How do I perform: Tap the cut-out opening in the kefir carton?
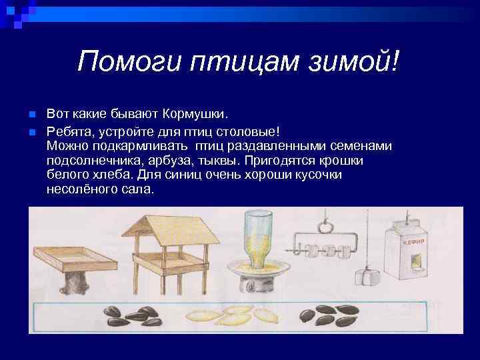click(415, 262)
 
